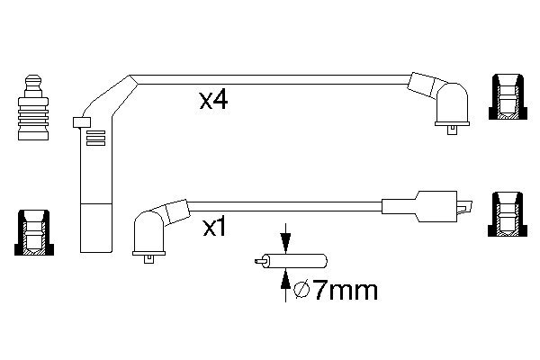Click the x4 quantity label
[x=213, y=101]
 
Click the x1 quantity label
[x=214, y=228]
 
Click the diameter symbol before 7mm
[x=302, y=291]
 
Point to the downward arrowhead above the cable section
[x=285, y=243]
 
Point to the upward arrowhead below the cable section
[x=285, y=278]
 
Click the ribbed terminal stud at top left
[x=33, y=107]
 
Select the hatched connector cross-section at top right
[x=508, y=97]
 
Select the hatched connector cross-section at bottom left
[x=34, y=232]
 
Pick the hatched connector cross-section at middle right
[x=508, y=214]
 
